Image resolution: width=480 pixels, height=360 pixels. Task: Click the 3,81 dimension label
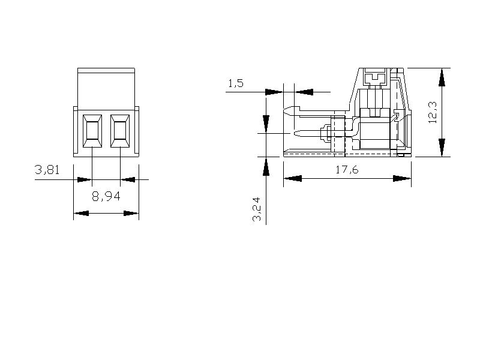click(47, 170)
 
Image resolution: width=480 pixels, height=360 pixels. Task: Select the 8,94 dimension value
click(106, 196)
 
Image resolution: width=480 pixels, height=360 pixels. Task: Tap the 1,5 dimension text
click(236, 83)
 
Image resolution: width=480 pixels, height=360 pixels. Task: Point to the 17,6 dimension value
click(347, 170)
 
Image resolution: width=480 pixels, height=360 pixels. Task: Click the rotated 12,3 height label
click(433, 113)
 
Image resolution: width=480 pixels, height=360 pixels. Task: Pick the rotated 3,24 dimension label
click(257, 209)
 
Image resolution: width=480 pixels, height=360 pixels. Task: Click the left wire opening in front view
click(92, 131)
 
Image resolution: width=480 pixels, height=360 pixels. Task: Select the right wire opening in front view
click(120, 131)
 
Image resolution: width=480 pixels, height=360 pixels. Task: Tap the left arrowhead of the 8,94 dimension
click(82, 213)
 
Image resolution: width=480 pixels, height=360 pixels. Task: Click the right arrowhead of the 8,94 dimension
click(131, 213)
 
